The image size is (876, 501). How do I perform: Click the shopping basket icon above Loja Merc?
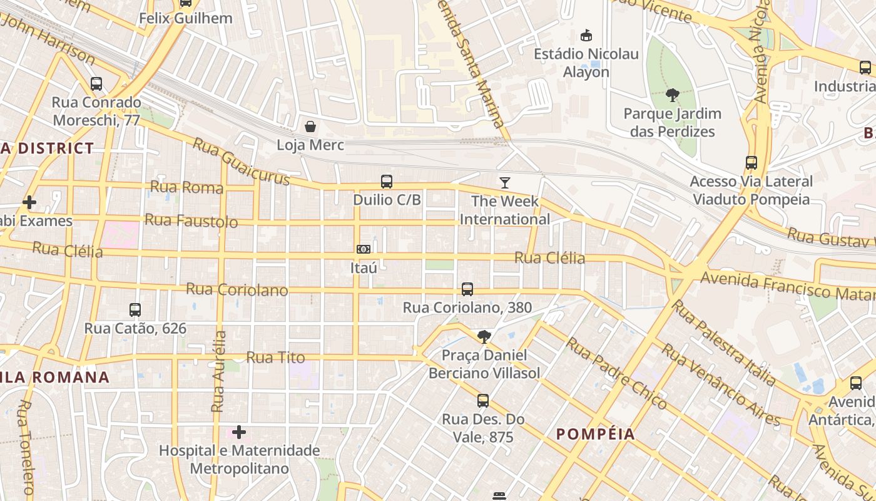pos(310,127)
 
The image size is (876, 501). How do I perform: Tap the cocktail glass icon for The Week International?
pos(505,183)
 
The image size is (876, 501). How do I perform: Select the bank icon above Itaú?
pos(363,249)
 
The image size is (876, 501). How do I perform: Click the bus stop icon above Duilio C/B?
pos(387,182)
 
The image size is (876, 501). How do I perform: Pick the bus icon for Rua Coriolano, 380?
pos(467,289)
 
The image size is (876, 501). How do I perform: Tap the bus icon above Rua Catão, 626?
pos(135,309)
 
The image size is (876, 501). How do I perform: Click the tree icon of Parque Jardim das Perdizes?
pos(673,96)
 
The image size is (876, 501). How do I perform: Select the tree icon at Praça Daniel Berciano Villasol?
pos(484,337)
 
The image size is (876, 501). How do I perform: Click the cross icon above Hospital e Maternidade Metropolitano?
pos(238,432)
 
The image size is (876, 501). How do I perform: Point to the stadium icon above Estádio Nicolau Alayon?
pos(586,36)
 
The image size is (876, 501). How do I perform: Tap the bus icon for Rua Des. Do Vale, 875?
pos(483,401)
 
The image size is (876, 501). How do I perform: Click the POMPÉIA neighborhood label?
pos(595,434)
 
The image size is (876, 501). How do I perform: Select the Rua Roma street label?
pos(186,187)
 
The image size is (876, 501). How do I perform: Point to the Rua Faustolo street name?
pos(191,220)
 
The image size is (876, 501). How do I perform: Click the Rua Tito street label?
pos(275,358)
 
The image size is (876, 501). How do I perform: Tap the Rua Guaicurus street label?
pos(241,162)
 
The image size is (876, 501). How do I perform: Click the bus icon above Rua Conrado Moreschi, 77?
pos(96,84)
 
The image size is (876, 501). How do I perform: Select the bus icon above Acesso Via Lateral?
pos(751,163)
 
